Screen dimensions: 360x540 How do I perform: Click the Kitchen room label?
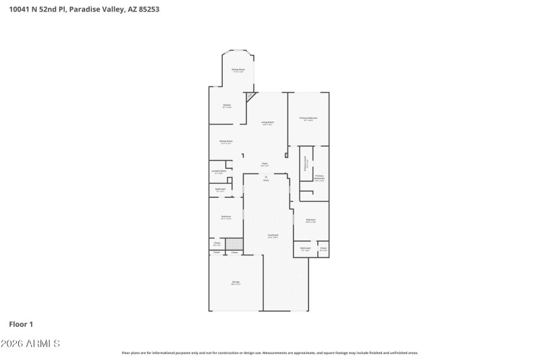[x=227, y=105]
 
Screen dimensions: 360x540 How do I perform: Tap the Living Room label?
[x=267, y=122]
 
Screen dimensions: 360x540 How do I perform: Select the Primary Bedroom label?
[x=308, y=118]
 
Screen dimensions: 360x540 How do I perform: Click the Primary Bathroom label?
[x=319, y=178]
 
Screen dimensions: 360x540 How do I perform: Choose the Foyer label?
[x=265, y=164]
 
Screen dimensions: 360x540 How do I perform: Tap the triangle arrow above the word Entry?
[x=265, y=176]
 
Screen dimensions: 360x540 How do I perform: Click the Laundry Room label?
[x=218, y=172]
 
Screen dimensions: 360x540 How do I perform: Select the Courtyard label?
[x=273, y=235]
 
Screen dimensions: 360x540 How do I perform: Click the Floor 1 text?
[x=21, y=324]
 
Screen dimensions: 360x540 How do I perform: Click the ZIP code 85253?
[x=149, y=10]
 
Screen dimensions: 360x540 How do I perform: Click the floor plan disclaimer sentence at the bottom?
[x=269, y=353]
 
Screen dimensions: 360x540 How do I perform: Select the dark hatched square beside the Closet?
[x=234, y=244]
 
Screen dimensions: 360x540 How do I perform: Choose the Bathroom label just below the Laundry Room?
[x=221, y=189]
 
